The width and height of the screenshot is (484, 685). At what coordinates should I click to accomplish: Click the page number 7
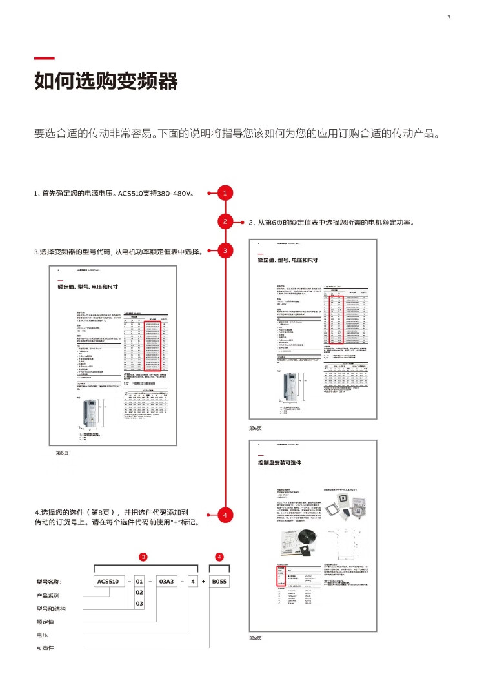point(449,17)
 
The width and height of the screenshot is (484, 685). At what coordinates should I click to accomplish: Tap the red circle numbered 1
point(225,192)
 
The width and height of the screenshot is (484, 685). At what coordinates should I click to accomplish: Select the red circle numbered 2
point(225,221)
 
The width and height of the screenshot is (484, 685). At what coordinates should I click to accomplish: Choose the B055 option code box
point(220,582)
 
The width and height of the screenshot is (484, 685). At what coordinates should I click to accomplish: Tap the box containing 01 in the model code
point(139,582)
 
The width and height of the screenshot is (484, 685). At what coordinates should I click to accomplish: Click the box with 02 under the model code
point(139,592)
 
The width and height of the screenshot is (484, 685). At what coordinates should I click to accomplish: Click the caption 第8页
point(256,637)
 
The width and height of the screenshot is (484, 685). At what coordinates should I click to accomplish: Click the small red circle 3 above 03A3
point(143,556)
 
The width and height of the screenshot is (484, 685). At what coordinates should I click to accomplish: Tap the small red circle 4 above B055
point(219,556)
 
